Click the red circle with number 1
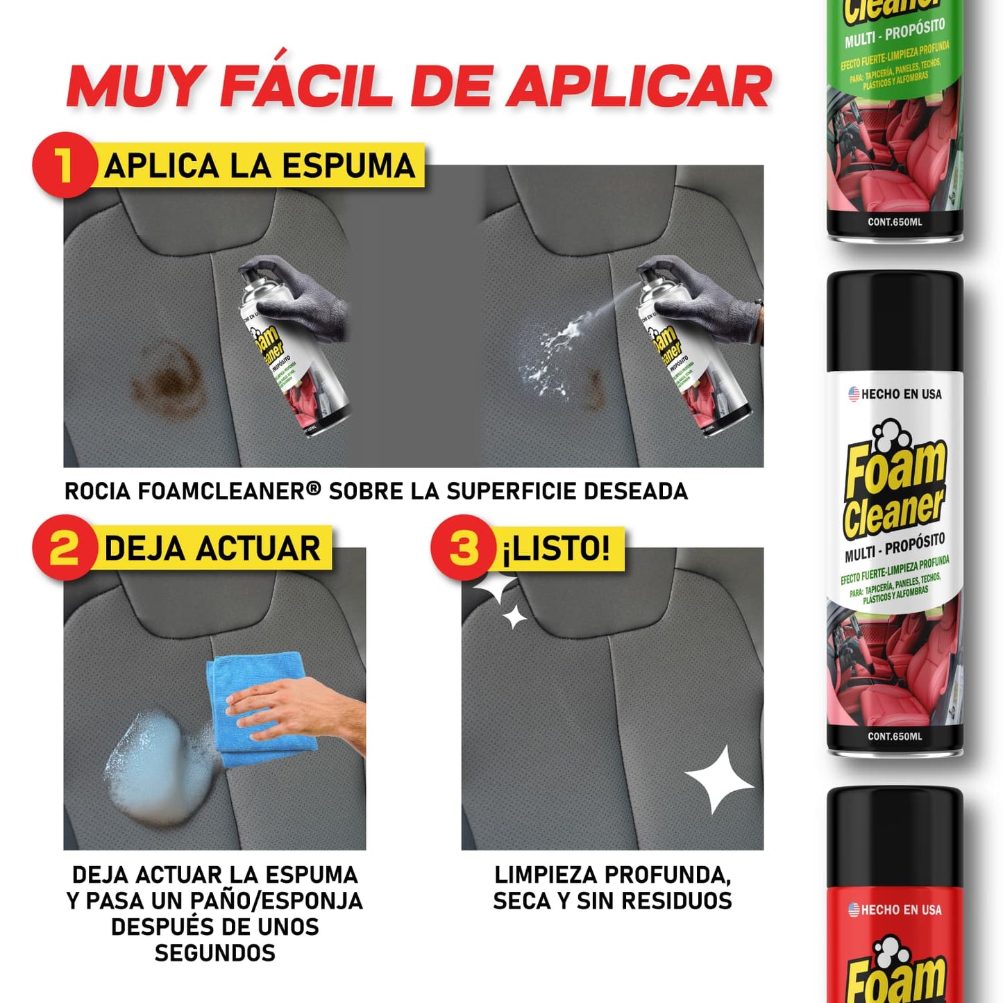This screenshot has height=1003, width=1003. click(64, 165)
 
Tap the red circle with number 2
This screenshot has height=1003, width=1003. click(64, 547)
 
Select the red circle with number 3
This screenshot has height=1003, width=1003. click(463, 547)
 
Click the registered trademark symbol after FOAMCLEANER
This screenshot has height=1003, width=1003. click(313, 489)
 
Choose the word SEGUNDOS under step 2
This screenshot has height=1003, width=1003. click(214, 953)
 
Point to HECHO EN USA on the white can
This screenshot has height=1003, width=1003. click(900, 395)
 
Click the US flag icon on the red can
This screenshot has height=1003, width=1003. click(854, 910)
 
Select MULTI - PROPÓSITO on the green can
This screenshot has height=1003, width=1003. click(894, 33)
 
